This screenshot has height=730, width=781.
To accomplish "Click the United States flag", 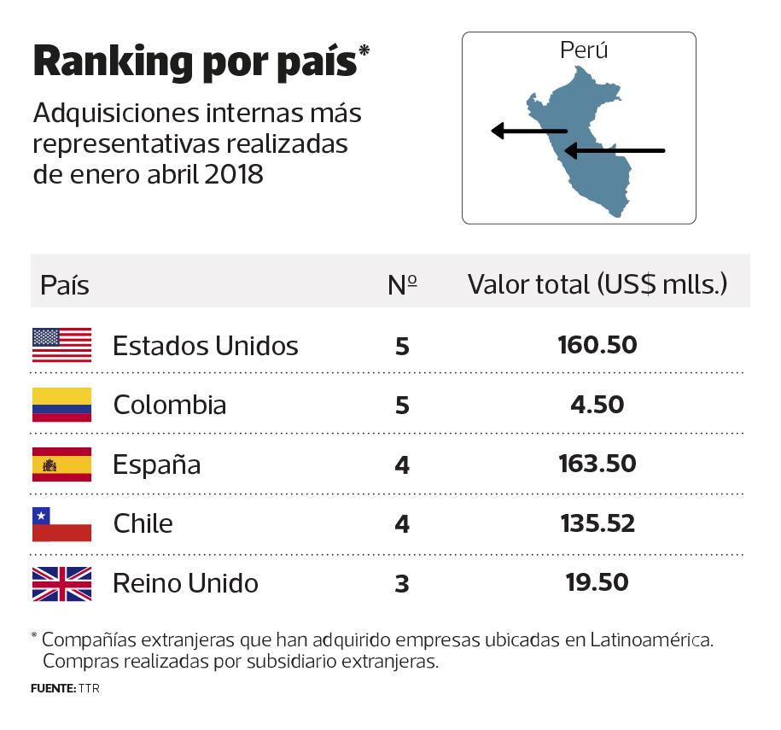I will point(61,345).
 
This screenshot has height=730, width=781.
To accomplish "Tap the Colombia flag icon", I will point(61,405).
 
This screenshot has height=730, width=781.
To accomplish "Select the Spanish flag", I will point(61,464).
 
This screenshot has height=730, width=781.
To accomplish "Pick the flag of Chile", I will point(61,523).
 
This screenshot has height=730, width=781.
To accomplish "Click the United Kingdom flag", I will point(61,583).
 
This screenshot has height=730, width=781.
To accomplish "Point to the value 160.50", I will point(597,345).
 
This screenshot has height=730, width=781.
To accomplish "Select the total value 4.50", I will point(597,404).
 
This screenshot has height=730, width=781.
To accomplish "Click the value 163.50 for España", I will point(597,464).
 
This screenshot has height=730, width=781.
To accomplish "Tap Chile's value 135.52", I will point(597,523).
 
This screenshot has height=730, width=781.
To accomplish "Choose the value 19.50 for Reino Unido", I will point(597,582).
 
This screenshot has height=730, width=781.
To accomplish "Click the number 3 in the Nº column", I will point(402,584).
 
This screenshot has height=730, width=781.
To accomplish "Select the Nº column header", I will point(402,284).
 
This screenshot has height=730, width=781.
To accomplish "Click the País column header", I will point(65,285).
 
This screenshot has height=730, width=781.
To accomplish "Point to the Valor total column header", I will point(597,284).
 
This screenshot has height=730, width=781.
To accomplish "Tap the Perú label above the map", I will point(584,50).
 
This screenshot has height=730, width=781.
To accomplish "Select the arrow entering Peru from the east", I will point(615,151).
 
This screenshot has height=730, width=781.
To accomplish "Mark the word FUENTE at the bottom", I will point(52,688).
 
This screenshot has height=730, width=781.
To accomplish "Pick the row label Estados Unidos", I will point(206,346).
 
